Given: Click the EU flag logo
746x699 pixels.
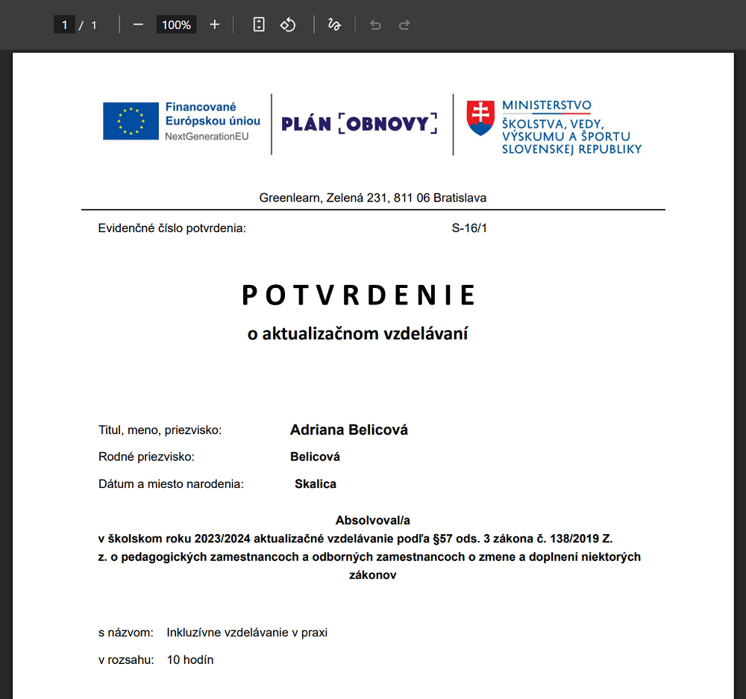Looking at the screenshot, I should [x=131, y=121].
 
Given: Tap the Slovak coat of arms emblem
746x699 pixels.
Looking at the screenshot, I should [x=480, y=118].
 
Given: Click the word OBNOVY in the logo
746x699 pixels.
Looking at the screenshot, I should [x=388, y=124].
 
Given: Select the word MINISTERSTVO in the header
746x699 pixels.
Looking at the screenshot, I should [x=546, y=106].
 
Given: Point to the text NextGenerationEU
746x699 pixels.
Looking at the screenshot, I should [x=207, y=137].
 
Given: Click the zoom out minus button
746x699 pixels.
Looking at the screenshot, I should [x=138, y=25].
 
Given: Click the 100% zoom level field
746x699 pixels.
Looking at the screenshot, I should [x=176, y=25].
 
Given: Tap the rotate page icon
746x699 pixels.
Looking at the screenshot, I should [x=288, y=25].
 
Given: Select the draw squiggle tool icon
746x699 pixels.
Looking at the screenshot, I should [x=334, y=25].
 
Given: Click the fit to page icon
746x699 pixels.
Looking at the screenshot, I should [x=259, y=25].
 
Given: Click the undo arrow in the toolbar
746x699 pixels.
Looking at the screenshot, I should [x=375, y=25].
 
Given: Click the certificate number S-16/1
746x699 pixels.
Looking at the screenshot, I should [x=469, y=228].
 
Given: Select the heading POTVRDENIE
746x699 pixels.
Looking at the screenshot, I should [x=359, y=296].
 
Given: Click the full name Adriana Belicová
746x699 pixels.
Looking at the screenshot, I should [x=349, y=430].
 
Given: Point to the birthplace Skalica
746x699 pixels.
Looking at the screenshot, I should [x=316, y=484].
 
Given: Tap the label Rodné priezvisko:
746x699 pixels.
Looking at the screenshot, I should [x=146, y=457].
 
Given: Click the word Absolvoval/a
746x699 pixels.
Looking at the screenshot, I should [x=373, y=520].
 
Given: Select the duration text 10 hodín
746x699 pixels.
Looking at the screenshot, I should [x=190, y=659].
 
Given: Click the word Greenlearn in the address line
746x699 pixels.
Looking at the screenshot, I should [x=289, y=198].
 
